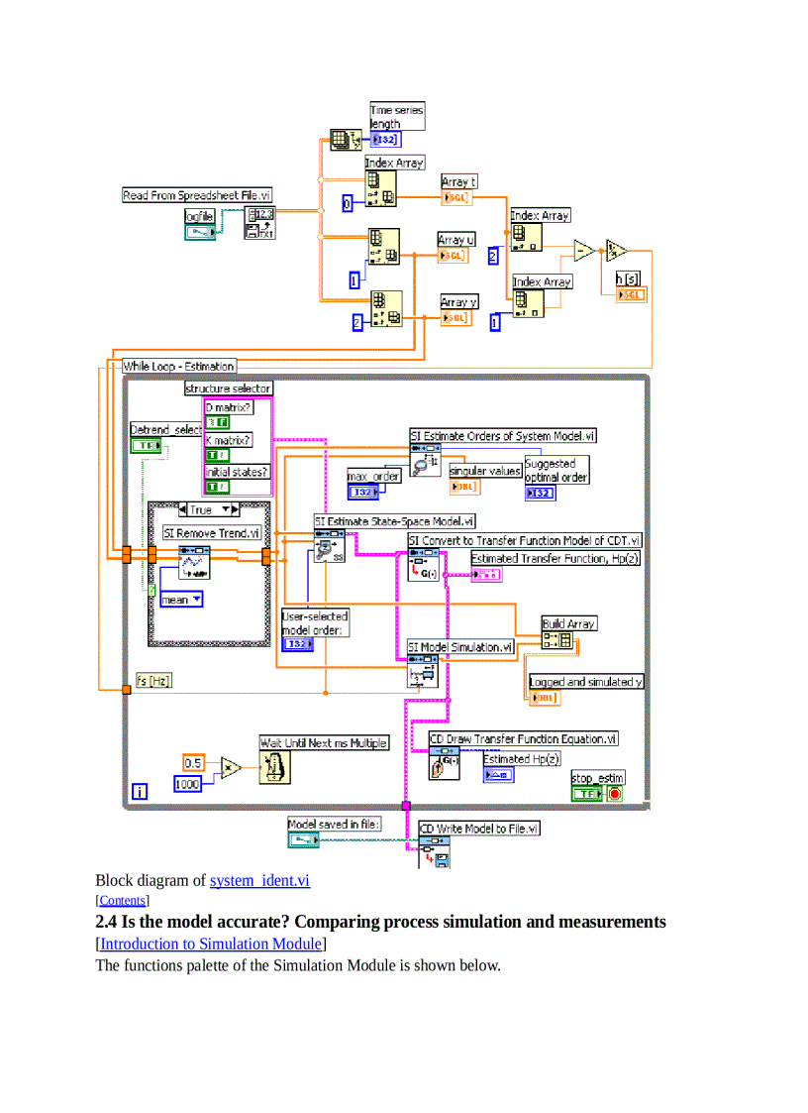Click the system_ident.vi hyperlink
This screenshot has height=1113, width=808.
tap(259, 880)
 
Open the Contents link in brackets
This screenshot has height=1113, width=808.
tap(122, 901)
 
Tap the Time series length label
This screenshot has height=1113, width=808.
tap(396, 117)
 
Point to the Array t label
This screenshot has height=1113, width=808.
tap(459, 181)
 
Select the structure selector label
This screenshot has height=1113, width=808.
tap(229, 389)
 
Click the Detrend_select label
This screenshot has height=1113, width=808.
tap(166, 429)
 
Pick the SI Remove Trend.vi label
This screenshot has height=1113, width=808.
tap(212, 532)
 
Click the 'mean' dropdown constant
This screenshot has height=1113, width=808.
tap(181, 600)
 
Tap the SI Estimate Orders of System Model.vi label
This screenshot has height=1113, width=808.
tap(503, 435)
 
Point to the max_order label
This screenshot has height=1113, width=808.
tap(373, 477)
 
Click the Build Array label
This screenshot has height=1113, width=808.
tap(568, 623)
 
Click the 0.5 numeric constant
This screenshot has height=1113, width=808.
tap(193, 762)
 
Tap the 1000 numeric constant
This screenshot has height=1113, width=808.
tap(187, 784)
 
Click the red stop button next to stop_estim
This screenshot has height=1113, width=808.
tap(614, 794)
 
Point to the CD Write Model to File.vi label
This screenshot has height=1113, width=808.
tap(479, 829)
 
